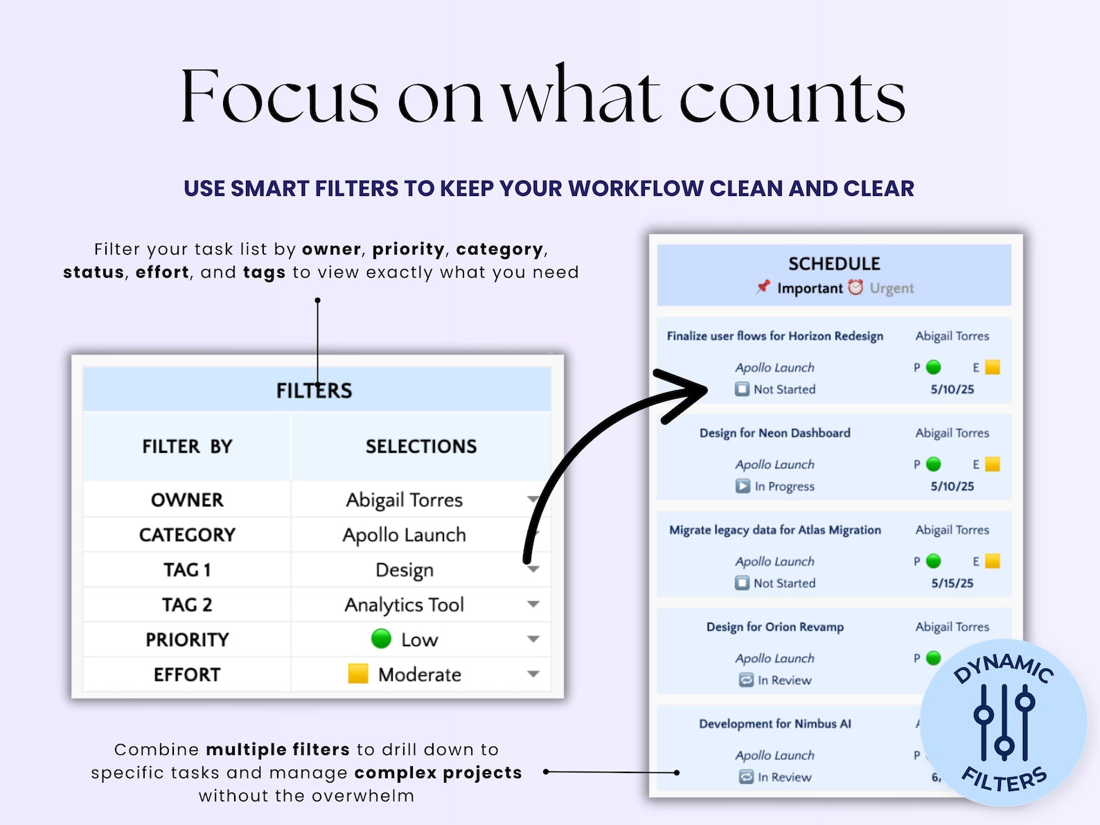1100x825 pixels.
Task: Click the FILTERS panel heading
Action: click(314, 390)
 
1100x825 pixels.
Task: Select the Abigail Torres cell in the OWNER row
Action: click(404, 500)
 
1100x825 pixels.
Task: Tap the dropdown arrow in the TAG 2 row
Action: click(533, 604)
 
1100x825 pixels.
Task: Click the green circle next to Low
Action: click(381, 639)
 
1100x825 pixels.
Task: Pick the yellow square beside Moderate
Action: click(358, 674)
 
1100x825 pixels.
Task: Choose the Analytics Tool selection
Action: click(404, 605)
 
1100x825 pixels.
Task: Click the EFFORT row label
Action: click(187, 675)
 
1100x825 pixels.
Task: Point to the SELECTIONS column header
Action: click(421, 446)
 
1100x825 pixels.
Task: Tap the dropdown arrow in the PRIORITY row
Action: click(533, 639)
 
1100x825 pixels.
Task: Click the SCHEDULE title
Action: click(834, 263)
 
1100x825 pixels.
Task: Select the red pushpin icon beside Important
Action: click(763, 287)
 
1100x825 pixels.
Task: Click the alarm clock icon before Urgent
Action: click(855, 287)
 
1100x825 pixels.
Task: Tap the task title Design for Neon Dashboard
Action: click(774, 433)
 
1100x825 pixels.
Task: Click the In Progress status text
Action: click(784, 486)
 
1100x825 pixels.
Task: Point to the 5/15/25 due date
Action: click(952, 583)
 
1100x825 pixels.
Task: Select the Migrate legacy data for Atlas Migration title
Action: click(774, 530)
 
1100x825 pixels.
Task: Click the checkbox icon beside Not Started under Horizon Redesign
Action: click(742, 389)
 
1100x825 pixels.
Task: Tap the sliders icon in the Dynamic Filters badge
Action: click(1004, 722)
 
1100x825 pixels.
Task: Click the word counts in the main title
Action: click(792, 97)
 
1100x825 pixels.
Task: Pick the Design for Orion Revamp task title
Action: click(774, 627)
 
